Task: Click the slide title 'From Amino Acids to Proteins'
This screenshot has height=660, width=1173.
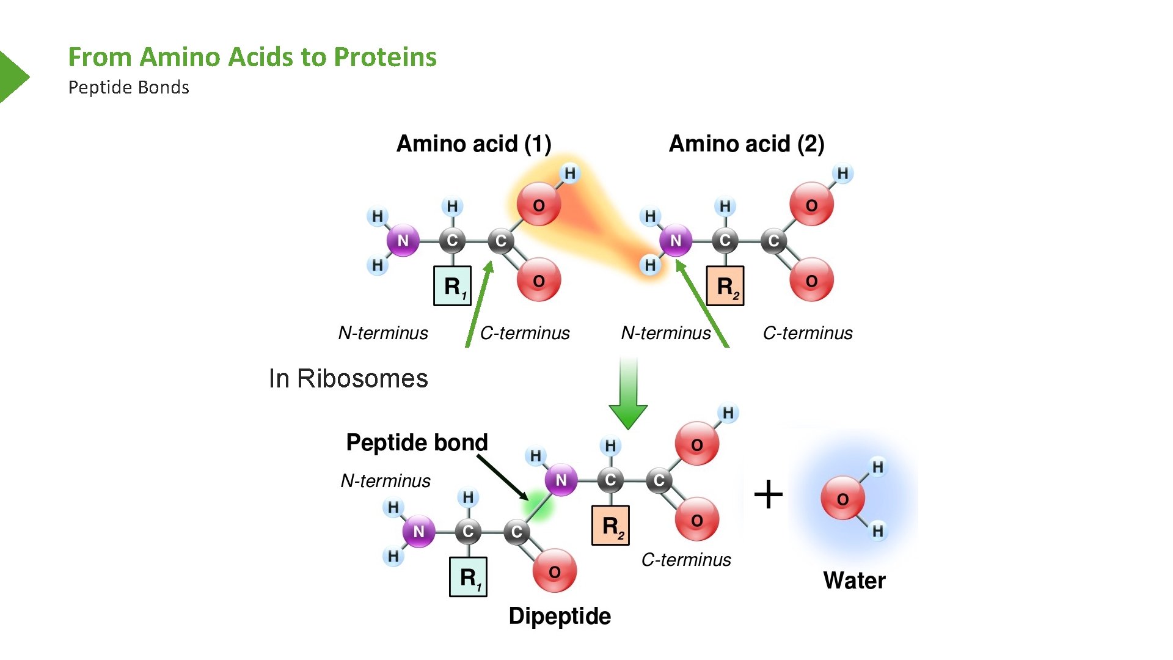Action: coord(252,57)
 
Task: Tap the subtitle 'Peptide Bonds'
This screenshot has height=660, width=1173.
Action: coord(128,87)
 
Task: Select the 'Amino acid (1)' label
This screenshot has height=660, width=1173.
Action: coord(473,144)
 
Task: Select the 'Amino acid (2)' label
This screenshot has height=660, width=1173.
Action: coord(747,144)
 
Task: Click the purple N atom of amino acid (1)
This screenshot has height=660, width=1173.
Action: coord(403,240)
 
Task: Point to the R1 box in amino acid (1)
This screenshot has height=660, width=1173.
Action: coord(452,285)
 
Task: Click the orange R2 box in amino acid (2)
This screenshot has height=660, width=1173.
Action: coord(725,285)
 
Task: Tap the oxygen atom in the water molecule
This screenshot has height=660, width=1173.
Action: coord(842,499)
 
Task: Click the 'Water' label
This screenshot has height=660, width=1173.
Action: coord(854,580)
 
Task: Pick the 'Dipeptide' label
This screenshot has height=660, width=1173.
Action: coord(560,616)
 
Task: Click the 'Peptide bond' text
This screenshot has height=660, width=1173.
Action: coord(417,442)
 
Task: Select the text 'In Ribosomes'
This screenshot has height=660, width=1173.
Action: coord(348,378)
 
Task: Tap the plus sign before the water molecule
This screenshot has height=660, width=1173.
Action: coord(768,494)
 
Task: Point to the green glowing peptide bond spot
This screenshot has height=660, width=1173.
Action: coord(538,505)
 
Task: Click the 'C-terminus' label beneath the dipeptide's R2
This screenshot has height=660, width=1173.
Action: coord(685,560)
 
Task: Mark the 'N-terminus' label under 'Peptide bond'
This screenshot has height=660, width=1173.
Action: coord(386,481)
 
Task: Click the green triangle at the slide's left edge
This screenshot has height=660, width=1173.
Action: coord(12,77)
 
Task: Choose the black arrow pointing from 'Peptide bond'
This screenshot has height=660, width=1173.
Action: coord(502,477)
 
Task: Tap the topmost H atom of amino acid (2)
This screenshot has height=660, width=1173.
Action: coord(842,174)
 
